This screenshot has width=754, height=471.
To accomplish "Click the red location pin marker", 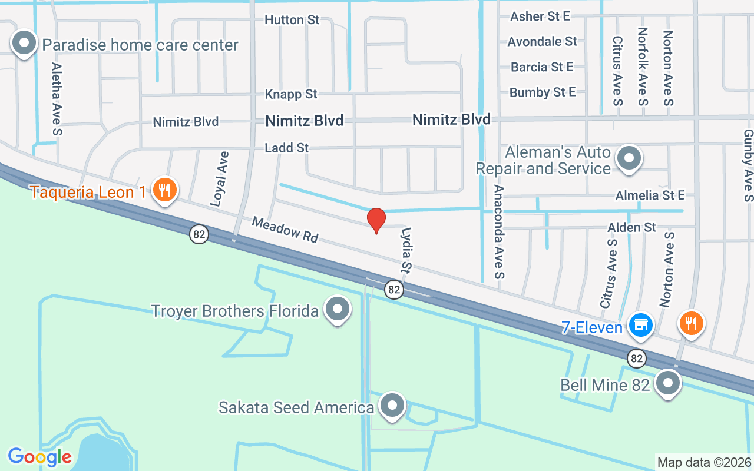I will click(376, 220).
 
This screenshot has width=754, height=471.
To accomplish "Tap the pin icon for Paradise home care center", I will click(24, 44).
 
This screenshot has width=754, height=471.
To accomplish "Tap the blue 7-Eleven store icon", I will click(640, 325).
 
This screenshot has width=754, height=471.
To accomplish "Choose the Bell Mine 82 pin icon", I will click(668, 383).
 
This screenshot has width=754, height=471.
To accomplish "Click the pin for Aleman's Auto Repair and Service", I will click(629, 158).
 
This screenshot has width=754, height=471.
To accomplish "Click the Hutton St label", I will click(292, 20).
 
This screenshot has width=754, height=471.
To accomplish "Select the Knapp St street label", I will click(290, 94).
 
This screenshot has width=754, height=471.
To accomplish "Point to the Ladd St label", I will click(286, 148).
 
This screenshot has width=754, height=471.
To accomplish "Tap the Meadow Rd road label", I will click(285, 230).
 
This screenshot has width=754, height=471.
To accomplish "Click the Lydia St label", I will click(405, 250).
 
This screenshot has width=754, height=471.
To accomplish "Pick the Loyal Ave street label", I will click(220, 179).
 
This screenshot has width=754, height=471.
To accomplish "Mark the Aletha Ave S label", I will click(57, 99).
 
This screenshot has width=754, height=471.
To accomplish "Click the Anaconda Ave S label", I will click(500, 232).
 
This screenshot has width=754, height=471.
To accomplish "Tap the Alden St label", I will click(631, 227).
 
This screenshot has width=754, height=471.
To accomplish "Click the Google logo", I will click(39, 457).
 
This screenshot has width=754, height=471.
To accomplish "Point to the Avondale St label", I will click(542, 41).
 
